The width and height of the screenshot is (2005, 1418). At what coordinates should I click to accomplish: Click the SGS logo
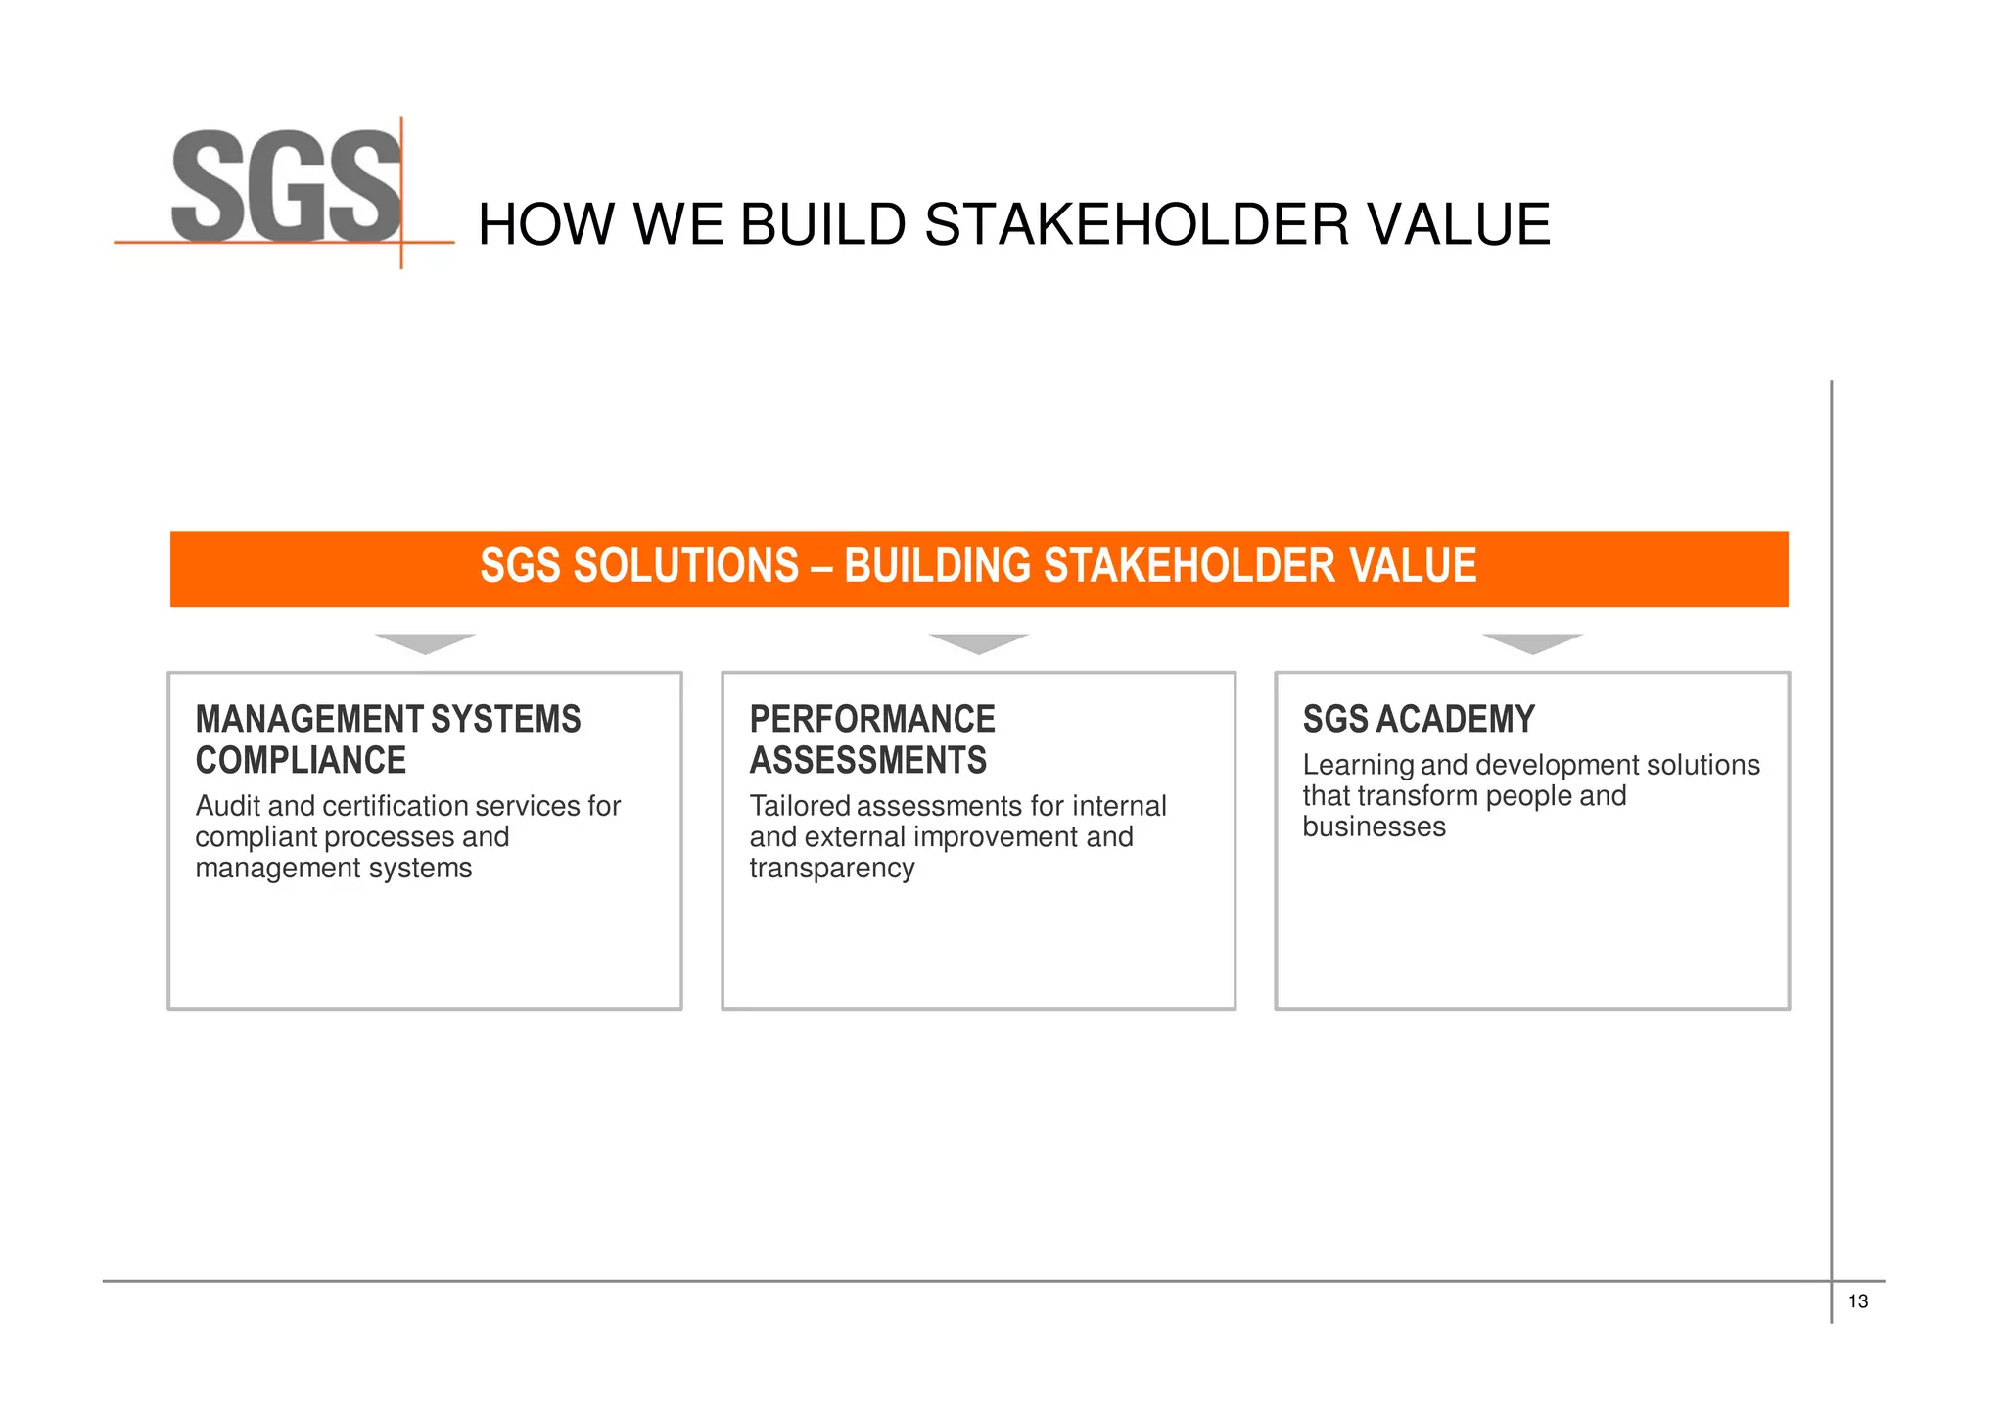[286, 187]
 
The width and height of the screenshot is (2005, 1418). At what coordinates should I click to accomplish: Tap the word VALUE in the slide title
[1458, 224]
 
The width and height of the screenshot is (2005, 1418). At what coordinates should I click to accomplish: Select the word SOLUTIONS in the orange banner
[685, 566]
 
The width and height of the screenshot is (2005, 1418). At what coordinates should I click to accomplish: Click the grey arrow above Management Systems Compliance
[425, 643]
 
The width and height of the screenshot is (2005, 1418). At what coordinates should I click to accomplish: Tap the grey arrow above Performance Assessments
[978, 643]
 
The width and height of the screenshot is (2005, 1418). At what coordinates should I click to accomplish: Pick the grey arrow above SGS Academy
[1532, 643]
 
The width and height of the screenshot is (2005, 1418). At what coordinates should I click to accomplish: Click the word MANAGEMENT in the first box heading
[308, 719]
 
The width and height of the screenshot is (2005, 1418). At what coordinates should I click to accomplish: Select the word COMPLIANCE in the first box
[301, 760]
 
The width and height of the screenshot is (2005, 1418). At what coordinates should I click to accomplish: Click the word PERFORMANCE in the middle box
[872, 719]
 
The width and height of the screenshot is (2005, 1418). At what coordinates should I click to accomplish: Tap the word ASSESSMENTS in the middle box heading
[868, 760]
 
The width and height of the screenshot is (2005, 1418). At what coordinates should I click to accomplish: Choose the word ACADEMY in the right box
[1455, 719]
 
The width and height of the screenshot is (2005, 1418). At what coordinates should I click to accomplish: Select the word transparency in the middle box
[832, 869]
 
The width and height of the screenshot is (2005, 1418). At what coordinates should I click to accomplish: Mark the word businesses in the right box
[1374, 827]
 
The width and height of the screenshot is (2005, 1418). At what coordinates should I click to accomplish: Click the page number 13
[1857, 1301]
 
